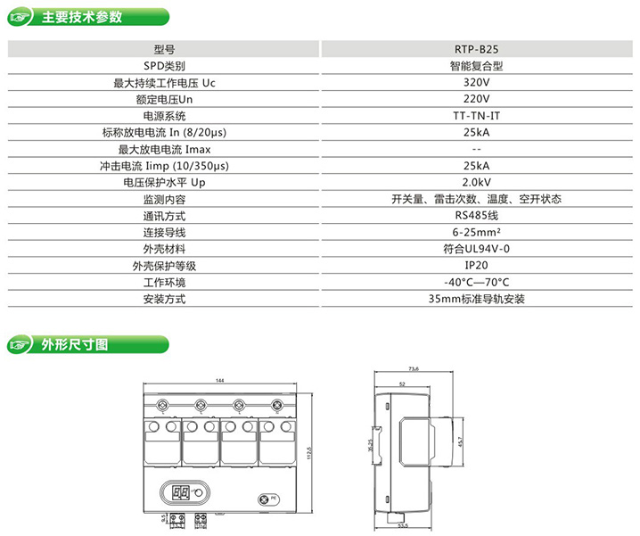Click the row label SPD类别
tap(164, 67)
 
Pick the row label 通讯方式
tap(164, 216)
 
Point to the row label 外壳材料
tap(164, 249)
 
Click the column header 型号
tap(164, 51)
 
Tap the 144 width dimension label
tap(220, 382)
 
